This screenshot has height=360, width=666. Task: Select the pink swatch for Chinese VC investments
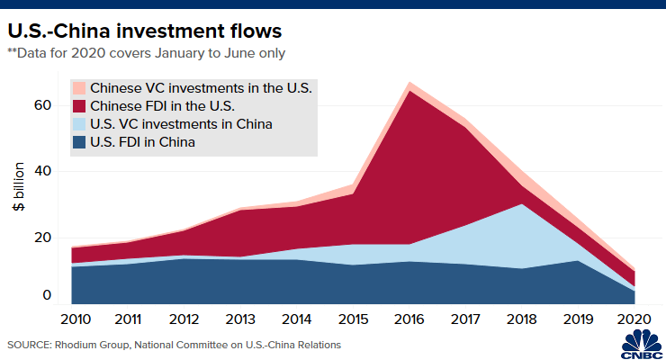pyautogui.click(x=79, y=88)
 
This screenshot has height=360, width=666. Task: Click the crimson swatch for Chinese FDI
pyautogui.click(x=79, y=106)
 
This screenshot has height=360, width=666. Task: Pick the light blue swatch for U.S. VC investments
pyautogui.click(x=79, y=124)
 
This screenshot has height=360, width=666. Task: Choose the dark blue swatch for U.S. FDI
pyautogui.click(x=79, y=142)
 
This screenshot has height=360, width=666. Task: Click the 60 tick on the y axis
pyautogui.click(x=44, y=105)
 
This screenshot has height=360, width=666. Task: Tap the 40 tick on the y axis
pyautogui.click(x=44, y=171)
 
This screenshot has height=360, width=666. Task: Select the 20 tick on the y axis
pyautogui.click(x=44, y=237)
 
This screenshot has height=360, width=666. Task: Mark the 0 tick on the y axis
pyautogui.click(x=49, y=296)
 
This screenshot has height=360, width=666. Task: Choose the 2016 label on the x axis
pyautogui.click(x=410, y=319)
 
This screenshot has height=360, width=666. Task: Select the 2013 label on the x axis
pyautogui.click(x=241, y=319)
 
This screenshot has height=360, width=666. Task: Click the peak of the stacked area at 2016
pyautogui.click(x=410, y=83)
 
